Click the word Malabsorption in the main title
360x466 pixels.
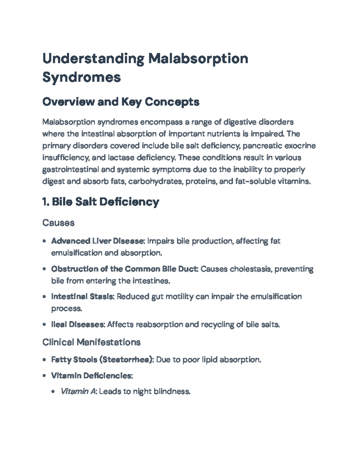click(198, 59)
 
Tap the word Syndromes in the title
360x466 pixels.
click(82, 77)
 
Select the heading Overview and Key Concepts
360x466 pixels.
click(121, 102)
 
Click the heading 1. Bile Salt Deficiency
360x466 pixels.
click(100, 202)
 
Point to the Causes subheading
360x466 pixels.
click(58, 223)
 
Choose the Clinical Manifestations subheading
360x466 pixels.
click(91, 342)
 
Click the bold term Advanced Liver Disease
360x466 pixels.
click(98, 241)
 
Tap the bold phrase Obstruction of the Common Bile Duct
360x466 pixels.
click(124, 269)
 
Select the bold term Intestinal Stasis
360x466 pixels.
click(82, 296)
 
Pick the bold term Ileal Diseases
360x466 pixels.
click(77, 324)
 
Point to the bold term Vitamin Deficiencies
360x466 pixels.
click(91, 375)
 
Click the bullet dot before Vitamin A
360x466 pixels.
click(53, 392)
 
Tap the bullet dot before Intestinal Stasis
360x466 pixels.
click(44, 297)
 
